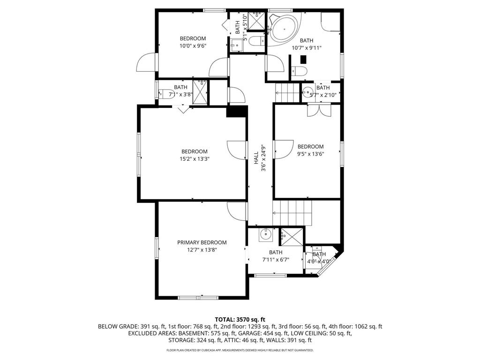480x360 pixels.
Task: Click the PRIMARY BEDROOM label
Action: [202, 242]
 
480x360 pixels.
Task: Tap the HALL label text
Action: [256, 157]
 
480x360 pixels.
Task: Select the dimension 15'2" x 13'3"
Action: [194, 159]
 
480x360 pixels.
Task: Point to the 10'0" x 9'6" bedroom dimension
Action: [193, 46]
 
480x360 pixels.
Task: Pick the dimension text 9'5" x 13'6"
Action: [310, 154]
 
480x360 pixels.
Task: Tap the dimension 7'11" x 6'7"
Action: [276, 260]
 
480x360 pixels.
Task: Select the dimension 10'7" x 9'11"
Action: [307, 48]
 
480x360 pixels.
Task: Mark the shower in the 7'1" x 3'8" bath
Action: [200, 92]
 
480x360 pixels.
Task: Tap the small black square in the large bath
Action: [303, 60]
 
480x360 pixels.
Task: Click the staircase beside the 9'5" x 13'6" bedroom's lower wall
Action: [292, 212]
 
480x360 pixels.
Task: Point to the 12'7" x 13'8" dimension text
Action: [202, 250]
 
